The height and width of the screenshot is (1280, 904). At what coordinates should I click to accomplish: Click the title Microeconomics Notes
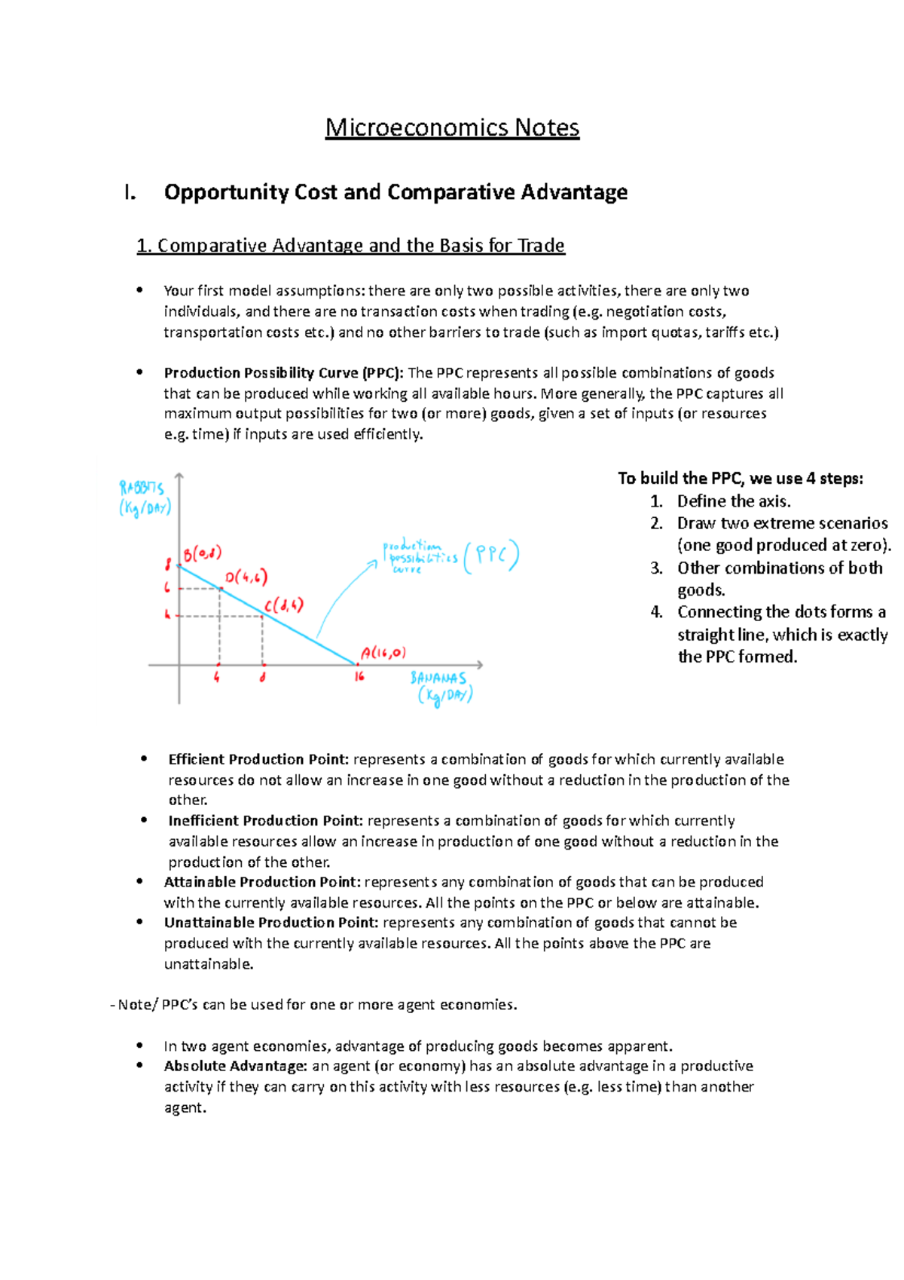pyautogui.click(x=452, y=127)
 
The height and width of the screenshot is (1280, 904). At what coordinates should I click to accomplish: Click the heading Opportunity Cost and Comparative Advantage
pyautogui.click(x=395, y=192)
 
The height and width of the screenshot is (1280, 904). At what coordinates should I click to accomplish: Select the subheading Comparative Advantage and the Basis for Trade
pyautogui.click(x=351, y=246)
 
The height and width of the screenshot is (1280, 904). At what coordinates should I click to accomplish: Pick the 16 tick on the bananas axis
pyautogui.click(x=359, y=676)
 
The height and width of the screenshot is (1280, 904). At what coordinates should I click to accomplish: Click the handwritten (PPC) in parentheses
pyautogui.click(x=491, y=556)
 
